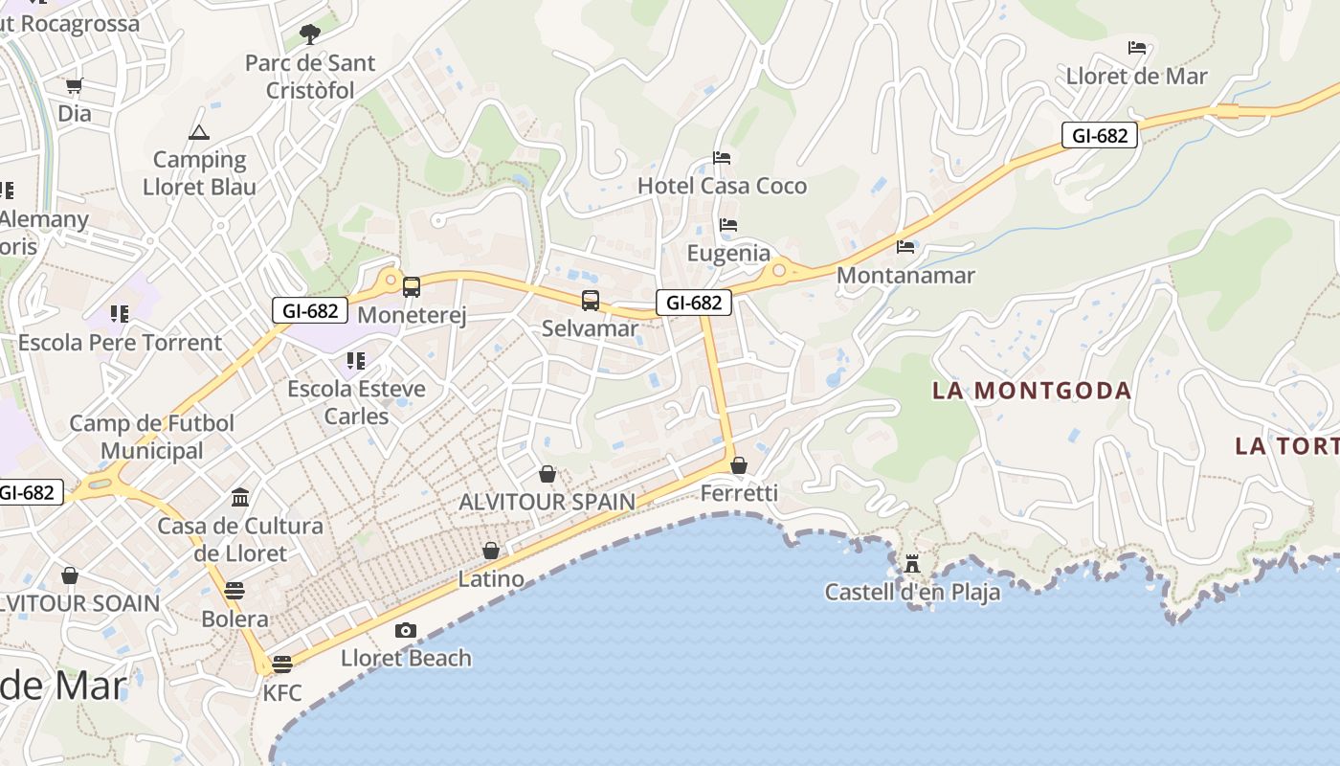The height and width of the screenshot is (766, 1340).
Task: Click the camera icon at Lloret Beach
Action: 406,630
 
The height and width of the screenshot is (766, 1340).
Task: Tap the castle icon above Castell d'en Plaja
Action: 911,563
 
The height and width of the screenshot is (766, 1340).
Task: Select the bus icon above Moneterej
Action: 412,286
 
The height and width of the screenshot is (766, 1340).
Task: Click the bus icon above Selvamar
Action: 591,301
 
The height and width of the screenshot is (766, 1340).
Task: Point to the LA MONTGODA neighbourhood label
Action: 1032,391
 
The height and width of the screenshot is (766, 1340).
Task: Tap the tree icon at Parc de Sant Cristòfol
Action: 309,34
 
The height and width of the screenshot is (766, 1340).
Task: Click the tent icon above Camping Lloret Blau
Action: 199,132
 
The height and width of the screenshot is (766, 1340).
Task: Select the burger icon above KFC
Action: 282,664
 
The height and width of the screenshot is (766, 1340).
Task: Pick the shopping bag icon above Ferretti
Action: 739,465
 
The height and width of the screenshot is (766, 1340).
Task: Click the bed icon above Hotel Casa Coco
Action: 722,157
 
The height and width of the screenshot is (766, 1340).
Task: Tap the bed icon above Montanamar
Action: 905,247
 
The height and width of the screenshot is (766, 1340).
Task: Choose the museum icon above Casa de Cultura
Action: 240,497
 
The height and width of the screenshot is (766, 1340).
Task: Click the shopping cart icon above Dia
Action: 75,85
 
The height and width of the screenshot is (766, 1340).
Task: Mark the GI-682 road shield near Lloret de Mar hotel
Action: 1100,136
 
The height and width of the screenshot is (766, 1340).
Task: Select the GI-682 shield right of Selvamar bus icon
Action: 694,303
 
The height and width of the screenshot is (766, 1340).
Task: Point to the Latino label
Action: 491,578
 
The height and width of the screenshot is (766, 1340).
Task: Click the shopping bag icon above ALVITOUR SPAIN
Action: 547,474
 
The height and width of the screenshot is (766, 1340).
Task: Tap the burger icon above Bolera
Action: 234,590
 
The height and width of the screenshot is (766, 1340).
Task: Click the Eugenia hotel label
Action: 728,253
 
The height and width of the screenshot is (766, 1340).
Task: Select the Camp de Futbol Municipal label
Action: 152,437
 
